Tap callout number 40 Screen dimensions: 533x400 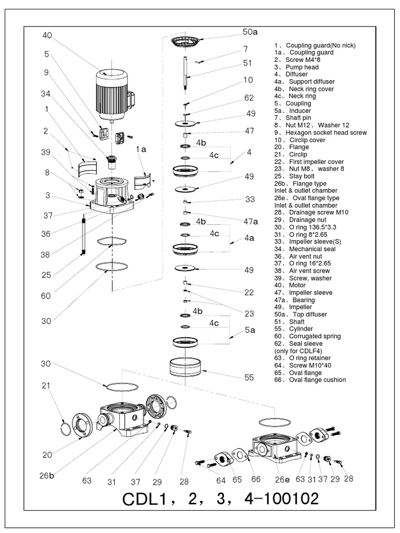click(x=47, y=35)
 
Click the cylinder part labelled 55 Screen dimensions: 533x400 click(x=186, y=369)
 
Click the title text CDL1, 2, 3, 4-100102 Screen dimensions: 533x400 click(x=220, y=499)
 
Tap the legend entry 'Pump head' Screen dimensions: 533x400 click(x=302, y=67)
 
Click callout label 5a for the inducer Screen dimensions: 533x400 click(x=249, y=330)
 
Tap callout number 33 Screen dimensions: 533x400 click(x=249, y=199)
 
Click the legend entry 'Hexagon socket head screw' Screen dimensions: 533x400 click(x=322, y=133)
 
